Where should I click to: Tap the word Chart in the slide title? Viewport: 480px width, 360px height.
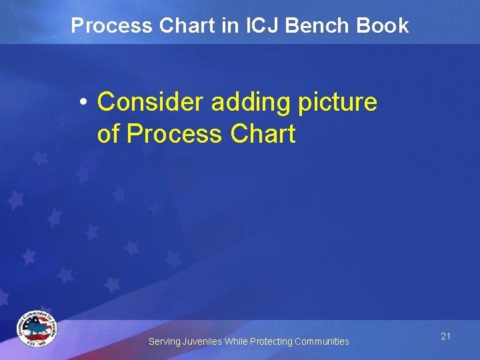click(x=184, y=25)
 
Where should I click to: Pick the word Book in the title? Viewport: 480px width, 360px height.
click(x=383, y=25)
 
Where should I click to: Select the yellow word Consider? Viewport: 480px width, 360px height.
click(x=151, y=103)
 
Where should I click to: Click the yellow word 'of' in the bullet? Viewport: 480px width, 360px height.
click(x=109, y=134)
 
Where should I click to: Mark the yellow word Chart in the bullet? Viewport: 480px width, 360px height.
click(x=263, y=134)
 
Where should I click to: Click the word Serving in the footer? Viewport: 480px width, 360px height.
click(x=163, y=341)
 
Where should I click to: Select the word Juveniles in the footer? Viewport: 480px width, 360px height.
click(x=201, y=341)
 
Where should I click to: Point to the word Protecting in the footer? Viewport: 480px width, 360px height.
click(x=271, y=341)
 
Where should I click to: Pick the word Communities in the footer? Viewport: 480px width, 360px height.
click(x=322, y=341)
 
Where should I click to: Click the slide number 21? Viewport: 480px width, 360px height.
click(x=445, y=336)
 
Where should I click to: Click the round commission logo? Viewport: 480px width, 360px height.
click(x=37, y=329)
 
